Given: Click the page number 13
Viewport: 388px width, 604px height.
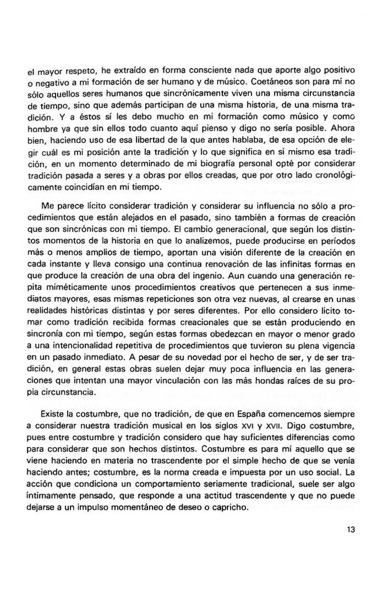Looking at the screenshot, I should (350, 529).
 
